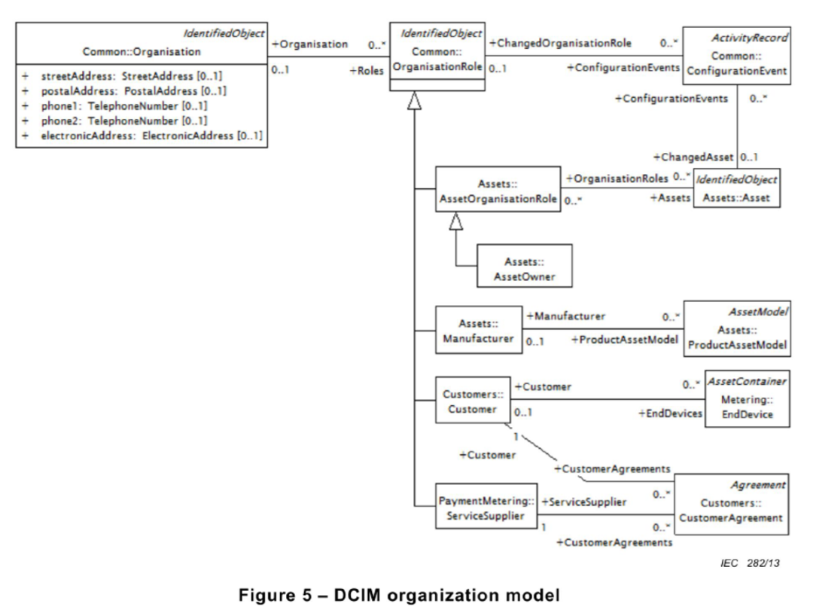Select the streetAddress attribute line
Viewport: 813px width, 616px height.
click(x=123, y=76)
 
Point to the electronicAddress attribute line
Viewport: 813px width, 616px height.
click(x=142, y=136)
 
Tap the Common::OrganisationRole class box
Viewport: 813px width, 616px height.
click(x=437, y=56)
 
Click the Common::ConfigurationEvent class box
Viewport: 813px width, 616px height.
click(x=737, y=56)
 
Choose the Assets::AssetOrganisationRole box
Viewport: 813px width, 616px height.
click(x=498, y=189)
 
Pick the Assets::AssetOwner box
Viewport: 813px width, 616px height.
click(x=525, y=266)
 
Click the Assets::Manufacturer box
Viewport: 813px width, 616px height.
click(x=479, y=330)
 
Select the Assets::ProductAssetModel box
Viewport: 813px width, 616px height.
click(x=737, y=329)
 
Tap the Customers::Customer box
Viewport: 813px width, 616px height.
click(x=472, y=400)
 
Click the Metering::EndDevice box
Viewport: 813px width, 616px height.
click(x=748, y=398)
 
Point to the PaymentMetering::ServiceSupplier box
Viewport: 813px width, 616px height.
click(x=486, y=506)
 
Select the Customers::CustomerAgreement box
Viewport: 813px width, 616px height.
click(x=731, y=504)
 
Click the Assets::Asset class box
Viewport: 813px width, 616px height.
click(x=737, y=188)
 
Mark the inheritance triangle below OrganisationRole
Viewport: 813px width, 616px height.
click(x=414, y=101)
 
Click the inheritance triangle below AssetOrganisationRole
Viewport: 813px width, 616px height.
click(x=455, y=221)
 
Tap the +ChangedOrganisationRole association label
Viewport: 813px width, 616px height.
click(x=561, y=43)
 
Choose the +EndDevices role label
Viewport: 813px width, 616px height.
click(x=671, y=413)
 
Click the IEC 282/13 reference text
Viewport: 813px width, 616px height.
click(x=750, y=563)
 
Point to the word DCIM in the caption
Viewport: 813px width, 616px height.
click(x=358, y=595)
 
